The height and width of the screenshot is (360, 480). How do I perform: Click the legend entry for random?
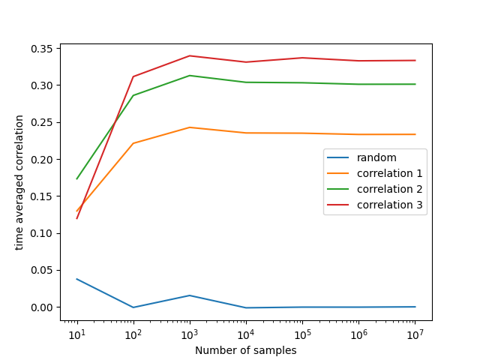tap(376, 157)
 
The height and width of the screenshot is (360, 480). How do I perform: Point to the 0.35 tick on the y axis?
tap(43, 49)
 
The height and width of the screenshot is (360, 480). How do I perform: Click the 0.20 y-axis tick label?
tap(43, 160)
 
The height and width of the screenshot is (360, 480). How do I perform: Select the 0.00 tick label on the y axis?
tap(43, 307)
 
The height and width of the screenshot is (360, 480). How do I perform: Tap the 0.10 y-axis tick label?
tap(43, 233)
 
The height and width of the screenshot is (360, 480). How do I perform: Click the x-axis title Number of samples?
tap(246, 350)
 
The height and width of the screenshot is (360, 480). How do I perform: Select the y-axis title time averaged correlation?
tap(19, 182)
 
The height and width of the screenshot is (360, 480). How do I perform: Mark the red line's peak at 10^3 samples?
tap(190, 55)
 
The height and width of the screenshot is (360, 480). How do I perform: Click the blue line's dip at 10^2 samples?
tap(133, 307)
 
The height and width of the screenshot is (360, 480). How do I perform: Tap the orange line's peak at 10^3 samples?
tap(190, 127)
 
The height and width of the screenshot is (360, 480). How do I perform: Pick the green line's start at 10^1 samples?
tap(77, 178)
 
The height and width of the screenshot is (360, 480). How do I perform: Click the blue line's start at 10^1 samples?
tap(77, 279)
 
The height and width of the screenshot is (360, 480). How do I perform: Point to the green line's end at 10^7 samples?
tap(415, 84)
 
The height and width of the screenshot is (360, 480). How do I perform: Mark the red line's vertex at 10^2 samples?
tap(133, 76)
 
